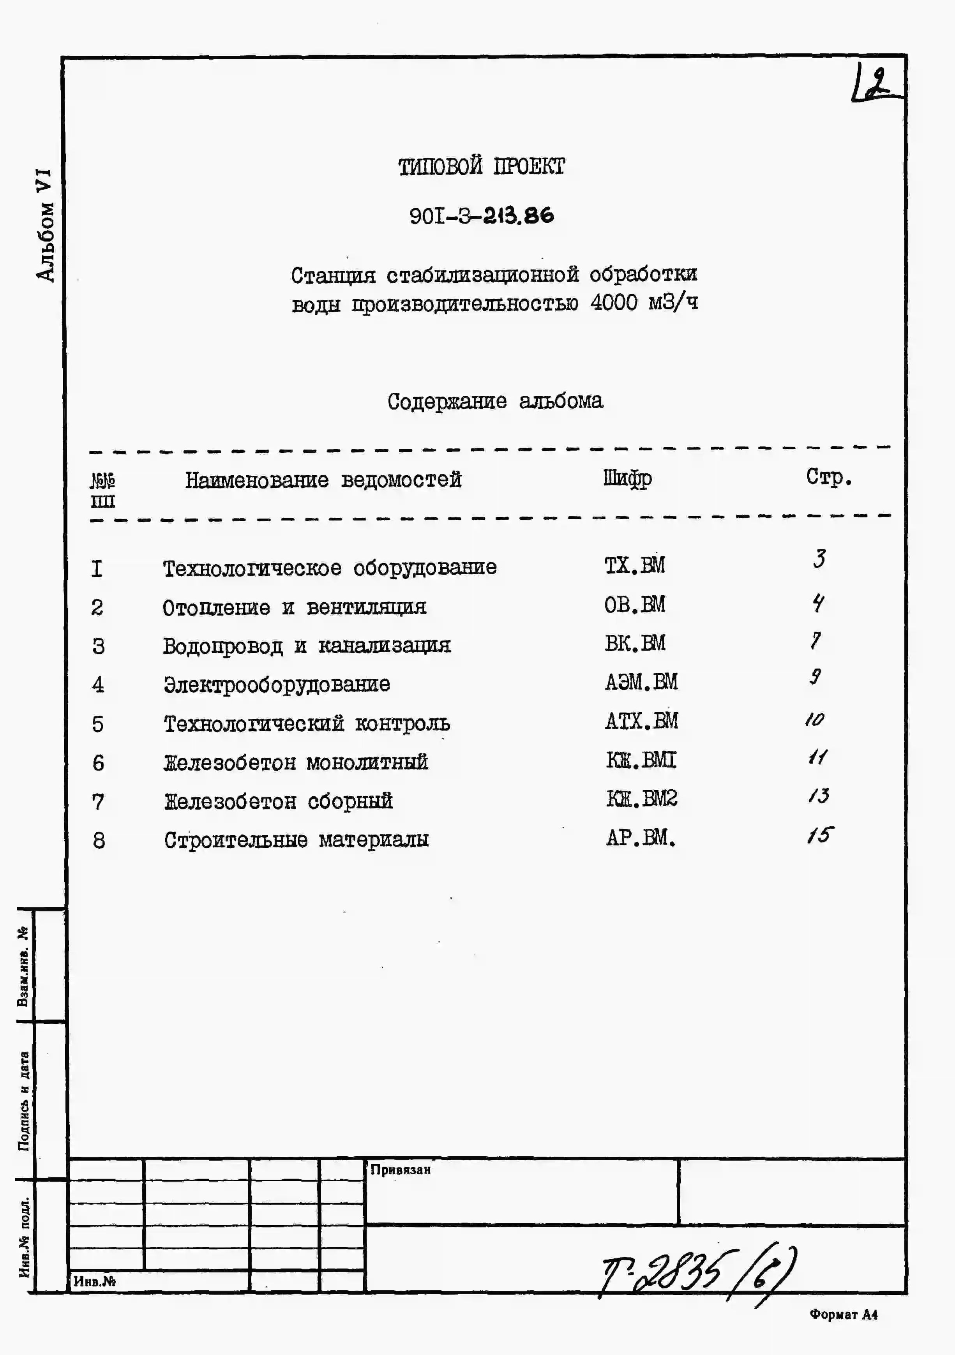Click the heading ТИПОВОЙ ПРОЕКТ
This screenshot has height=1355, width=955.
pos(481,167)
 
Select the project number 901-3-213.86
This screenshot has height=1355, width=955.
pos(482,216)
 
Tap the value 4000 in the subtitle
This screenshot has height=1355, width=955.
pos(614,303)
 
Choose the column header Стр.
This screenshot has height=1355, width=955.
pos(829,477)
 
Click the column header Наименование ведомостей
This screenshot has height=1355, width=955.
pos(323,480)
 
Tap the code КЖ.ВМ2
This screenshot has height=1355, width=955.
pos(642,799)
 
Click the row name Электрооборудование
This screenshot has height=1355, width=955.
pos(277,685)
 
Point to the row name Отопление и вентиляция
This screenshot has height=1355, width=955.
pos(294,607)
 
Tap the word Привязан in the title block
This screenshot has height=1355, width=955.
pos(400,1169)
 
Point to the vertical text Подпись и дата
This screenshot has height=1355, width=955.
pos(24,1101)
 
